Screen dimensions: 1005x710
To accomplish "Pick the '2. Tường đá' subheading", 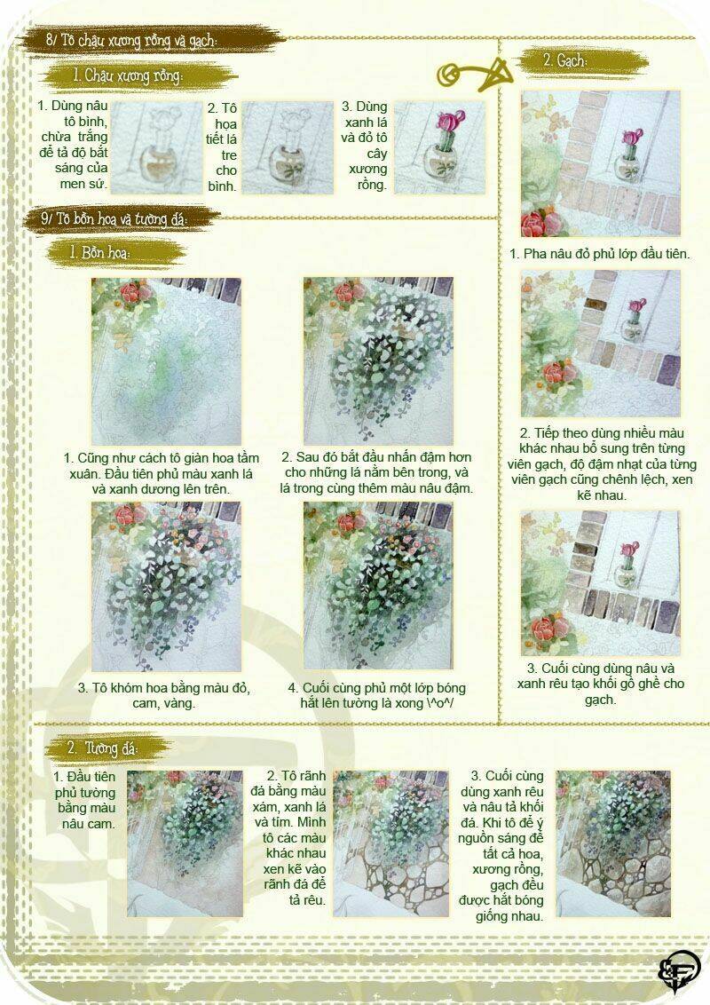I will click(101, 748).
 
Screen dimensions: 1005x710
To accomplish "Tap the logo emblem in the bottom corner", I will click(679, 969).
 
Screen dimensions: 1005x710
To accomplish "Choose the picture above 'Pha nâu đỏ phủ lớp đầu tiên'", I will click(600, 163).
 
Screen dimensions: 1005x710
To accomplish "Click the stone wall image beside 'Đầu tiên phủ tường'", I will click(185, 843).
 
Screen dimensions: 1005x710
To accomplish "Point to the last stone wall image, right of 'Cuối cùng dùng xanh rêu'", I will click(612, 843).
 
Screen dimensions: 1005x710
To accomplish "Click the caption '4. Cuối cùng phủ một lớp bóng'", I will click(376, 695).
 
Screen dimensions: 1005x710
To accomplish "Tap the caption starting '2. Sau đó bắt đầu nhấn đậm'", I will click(376, 472).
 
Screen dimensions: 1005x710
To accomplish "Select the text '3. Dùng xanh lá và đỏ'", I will click(365, 146).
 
